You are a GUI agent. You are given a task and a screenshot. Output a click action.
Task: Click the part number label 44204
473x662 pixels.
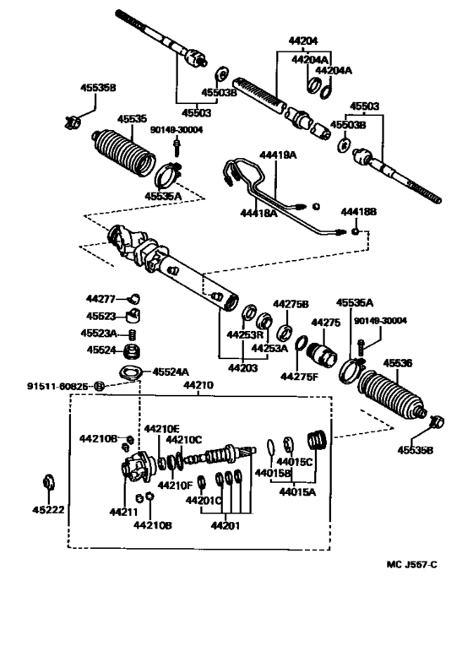pyautogui.click(x=305, y=40)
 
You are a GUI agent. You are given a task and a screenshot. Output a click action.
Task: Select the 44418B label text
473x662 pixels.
pyautogui.click(x=358, y=211)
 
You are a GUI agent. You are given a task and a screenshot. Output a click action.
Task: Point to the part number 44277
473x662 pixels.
pyautogui.click(x=100, y=299)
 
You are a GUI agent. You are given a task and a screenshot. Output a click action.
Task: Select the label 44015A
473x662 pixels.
pyautogui.click(x=297, y=491)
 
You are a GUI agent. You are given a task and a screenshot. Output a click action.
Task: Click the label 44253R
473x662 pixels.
pyautogui.click(x=242, y=334)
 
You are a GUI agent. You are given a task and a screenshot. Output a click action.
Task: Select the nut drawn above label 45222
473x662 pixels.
pyautogui.click(x=48, y=484)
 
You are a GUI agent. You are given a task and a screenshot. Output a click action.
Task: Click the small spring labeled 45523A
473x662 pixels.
pyautogui.click(x=132, y=334)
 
